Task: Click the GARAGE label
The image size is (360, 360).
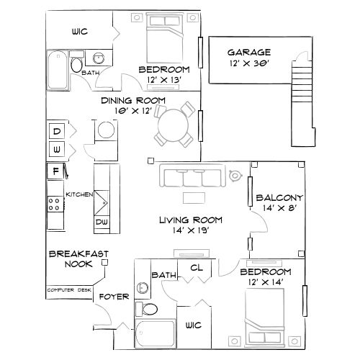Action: pyautogui.click(x=249, y=52)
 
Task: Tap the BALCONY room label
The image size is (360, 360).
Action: pyautogui.click(x=280, y=197)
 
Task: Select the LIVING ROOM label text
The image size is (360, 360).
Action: pyautogui.click(x=190, y=220)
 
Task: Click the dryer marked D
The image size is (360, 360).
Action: pyautogui.click(x=56, y=130)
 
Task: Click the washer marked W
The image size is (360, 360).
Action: pyautogui.click(x=56, y=150)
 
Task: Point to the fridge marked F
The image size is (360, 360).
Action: pyautogui.click(x=55, y=171)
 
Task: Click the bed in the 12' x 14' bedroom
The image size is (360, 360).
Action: pyautogui.click(x=269, y=320)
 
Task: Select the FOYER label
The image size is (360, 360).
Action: pyautogui.click(x=113, y=295)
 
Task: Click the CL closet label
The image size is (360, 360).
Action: pyautogui.click(x=195, y=268)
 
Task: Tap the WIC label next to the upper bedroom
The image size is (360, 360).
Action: pyautogui.click(x=79, y=32)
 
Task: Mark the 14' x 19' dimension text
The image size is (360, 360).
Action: pyautogui.click(x=190, y=232)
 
